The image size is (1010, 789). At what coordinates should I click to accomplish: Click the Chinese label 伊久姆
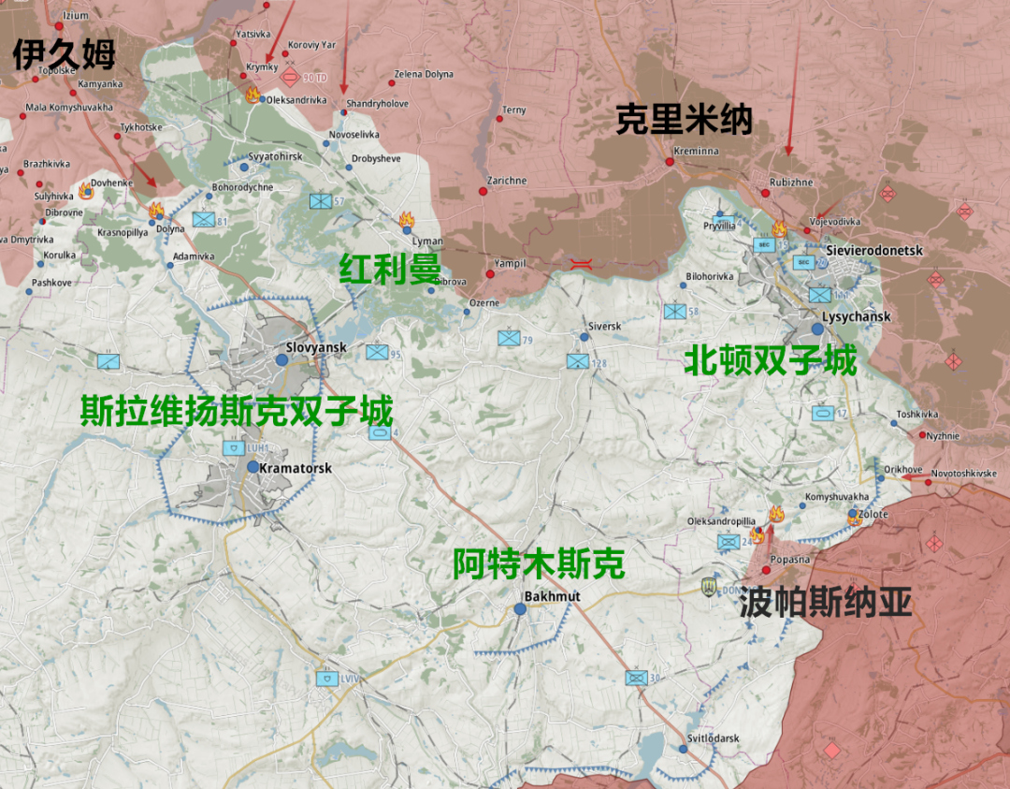tap(64, 54)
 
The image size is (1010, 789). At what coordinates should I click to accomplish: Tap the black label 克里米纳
tap(684, 120)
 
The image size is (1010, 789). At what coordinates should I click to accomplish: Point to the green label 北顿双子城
tap(770, 360)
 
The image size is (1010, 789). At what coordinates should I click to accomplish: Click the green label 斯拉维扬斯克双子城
tap(236, 411)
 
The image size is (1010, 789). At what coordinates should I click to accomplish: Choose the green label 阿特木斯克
tap(538, 563)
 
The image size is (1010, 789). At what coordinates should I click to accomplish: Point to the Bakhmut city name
tap(553, 596)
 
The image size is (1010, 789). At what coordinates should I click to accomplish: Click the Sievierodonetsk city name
tap(874, 251)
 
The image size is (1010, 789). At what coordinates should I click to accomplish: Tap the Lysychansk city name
tap(857, 316)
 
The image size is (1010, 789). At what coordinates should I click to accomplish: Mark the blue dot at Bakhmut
tap(520, 608)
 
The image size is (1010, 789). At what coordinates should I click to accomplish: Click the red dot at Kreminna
tap(670, 162)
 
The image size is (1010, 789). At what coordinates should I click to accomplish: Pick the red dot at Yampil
tap(490, 274)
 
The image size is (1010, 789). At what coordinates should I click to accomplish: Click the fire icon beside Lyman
tap(406, 221)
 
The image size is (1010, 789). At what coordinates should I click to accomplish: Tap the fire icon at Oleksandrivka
tap(252, 94)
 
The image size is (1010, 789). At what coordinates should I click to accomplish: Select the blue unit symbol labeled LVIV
tap(327, 679)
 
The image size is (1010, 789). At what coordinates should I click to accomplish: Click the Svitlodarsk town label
tap(713, 738)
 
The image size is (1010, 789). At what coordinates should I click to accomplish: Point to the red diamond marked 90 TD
tap(292, 77)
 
